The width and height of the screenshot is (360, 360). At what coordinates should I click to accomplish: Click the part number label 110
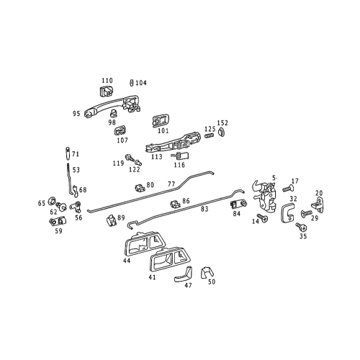[x=107, y=81]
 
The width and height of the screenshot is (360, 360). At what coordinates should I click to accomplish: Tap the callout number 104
[x=140, y=83]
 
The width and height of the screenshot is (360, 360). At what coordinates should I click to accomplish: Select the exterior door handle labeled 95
[x=108, y=108]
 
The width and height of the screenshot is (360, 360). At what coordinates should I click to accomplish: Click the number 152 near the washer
[x=223, y=122]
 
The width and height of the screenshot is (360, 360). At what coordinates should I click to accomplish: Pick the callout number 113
[x=156, y=156]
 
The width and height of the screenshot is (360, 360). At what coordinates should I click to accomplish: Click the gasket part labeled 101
[x=161, y=120]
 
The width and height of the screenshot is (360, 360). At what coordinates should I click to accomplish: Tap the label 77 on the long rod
[x=171, y=184]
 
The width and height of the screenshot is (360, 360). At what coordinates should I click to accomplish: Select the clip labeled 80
[x=138, y=189]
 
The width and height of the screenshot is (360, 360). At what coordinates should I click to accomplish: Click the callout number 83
[x=204, y=210]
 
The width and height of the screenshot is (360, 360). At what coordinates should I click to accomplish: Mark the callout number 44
[x=127, y=261]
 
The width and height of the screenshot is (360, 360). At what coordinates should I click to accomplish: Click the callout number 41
[x=152, y=276]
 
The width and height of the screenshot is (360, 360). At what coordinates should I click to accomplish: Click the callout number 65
[x=42, y=204]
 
